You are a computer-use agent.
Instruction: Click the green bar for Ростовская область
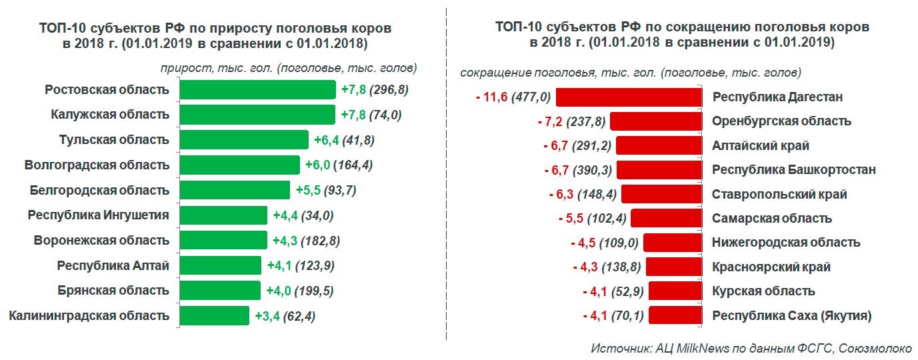click(258, 90)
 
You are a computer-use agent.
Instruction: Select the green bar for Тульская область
click(245, 140)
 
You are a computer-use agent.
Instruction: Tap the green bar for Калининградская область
click(215, 315)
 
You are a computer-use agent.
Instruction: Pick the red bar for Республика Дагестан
click(629, 97)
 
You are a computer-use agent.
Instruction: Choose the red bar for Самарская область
click(666, 219)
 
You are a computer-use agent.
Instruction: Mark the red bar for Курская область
click(675, 291)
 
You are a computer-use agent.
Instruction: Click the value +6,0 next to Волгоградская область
click(317, 165)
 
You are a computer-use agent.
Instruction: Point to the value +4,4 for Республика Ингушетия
click(285, 215)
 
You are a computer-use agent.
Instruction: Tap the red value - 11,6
click(492, 97)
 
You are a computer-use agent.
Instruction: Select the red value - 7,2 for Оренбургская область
click(550, 122)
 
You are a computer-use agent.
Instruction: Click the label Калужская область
click(110, 115)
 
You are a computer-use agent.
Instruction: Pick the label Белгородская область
click(99, 190)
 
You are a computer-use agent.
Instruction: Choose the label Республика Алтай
click(113, 265)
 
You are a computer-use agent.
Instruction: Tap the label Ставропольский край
click(779, 195)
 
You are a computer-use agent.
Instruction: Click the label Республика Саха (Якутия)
click(792, 315)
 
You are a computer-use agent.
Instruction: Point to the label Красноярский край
click(771, 267)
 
